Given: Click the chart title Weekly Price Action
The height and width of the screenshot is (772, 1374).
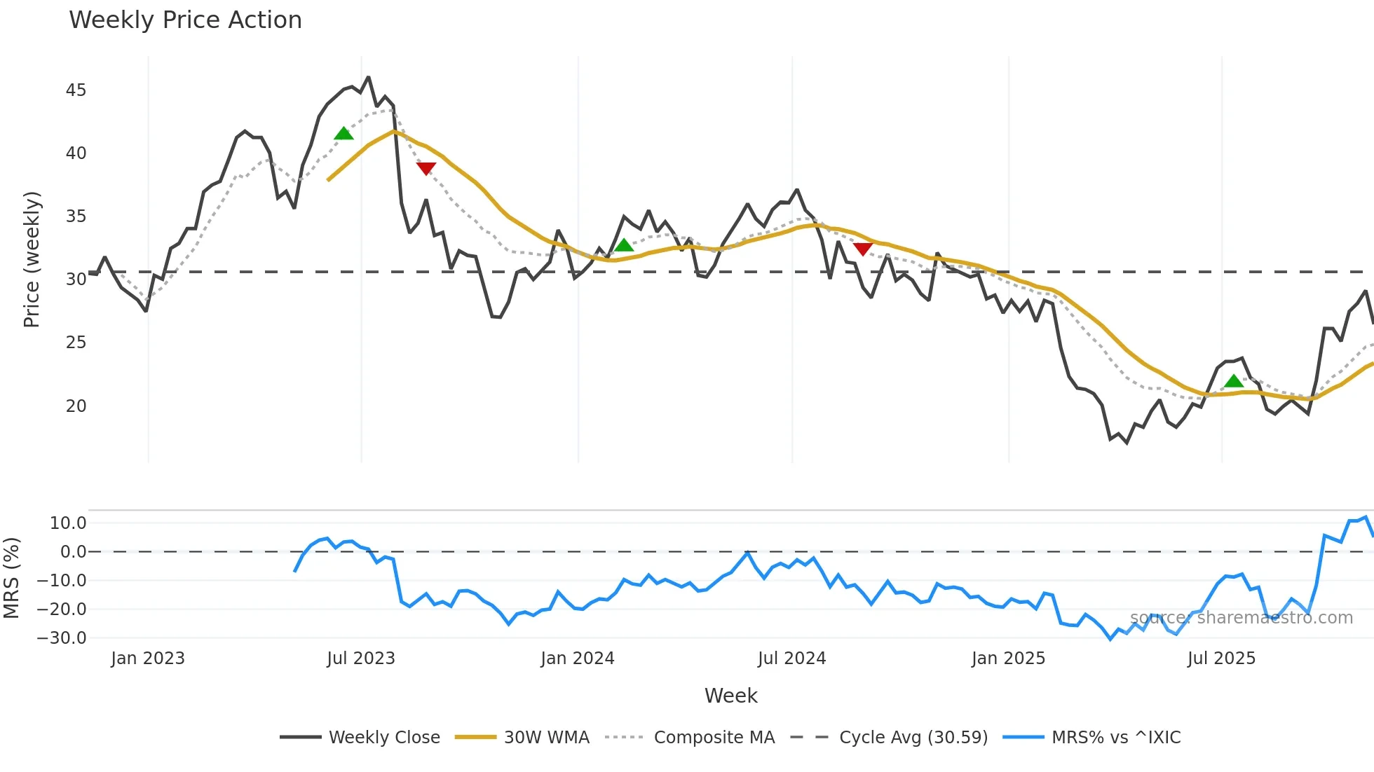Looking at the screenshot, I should (185, 20).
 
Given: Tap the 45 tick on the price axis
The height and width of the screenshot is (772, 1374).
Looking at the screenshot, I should (76, 90).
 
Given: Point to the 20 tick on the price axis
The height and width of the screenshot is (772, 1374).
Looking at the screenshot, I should (76, 406).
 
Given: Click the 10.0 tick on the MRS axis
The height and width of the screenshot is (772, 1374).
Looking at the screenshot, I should (68, 523).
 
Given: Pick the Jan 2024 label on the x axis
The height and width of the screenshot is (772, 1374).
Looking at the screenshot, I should (577, 659).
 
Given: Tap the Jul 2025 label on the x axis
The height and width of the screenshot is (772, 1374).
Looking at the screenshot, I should (1221, 659).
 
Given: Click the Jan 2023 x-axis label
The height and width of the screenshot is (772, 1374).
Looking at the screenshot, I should (147, 659).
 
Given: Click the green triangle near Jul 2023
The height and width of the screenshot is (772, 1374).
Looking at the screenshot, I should (343, 134).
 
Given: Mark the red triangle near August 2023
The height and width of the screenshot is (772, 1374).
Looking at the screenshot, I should (426, 168).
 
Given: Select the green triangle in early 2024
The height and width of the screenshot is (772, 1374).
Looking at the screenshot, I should (623, 244).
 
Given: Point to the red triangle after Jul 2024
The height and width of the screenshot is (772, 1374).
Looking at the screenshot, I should (863, 249).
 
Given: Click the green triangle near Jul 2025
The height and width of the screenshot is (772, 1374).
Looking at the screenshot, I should (1234, 381).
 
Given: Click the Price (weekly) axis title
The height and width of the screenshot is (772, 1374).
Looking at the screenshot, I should (32, 259).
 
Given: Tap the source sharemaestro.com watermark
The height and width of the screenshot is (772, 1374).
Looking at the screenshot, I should (1241, 618).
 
